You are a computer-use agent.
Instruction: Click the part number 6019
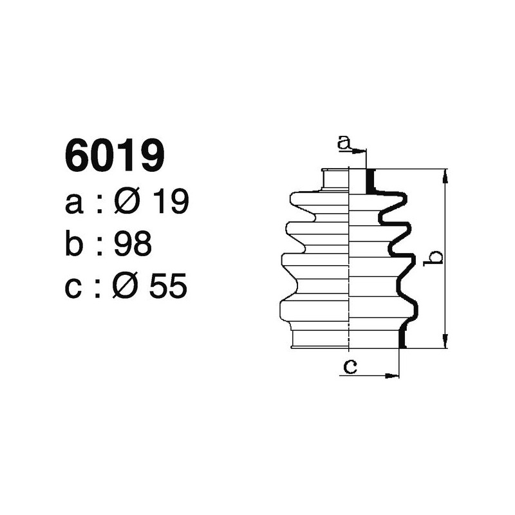(115, 156)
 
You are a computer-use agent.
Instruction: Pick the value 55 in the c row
(168, 286)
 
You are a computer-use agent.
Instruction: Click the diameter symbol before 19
(127, 203)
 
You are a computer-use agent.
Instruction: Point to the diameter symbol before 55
(127, 286)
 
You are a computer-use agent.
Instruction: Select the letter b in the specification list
(75, 245)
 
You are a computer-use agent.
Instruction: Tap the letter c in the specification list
(75, 288)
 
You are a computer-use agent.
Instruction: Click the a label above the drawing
(345, 143)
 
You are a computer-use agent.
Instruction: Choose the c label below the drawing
(350, 367)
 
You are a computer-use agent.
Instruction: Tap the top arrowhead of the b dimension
(444, 175)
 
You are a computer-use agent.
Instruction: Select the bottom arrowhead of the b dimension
(444, 342)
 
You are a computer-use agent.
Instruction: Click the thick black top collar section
(370, 181)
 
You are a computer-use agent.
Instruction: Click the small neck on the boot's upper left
(334, 180)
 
